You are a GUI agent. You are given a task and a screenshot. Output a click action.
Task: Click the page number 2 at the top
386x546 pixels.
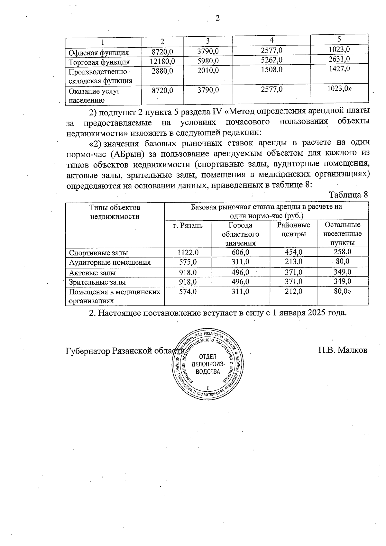(217, 18)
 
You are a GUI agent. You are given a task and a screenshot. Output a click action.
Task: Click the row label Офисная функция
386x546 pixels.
(99, 53)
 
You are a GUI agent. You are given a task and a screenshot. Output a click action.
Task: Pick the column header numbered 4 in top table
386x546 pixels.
(272, 40)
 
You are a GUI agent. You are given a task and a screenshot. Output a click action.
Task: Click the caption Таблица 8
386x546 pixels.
(348, 195)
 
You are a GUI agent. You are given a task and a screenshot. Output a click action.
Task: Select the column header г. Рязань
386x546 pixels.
(188, 225)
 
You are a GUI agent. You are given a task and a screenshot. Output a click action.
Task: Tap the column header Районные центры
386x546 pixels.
(293, 230)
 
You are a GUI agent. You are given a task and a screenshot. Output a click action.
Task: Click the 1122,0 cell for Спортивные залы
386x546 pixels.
(188, 252)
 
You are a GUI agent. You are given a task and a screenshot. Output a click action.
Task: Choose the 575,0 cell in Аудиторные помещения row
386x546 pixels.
(188, 262)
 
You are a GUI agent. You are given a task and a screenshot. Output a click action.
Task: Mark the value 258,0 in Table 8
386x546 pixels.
(343, 252)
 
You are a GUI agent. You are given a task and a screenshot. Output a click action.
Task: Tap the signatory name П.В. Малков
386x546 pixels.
(343, 350)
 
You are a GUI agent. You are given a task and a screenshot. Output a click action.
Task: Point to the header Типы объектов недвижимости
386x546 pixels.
(115, 212)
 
